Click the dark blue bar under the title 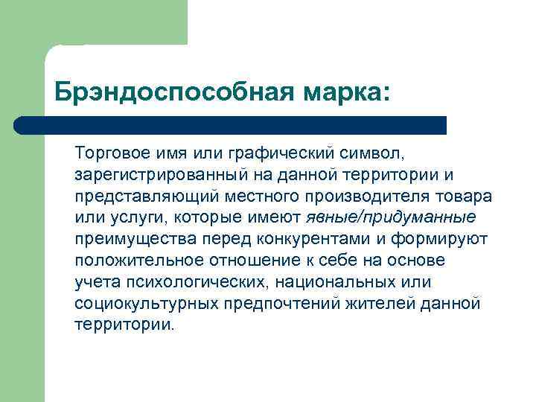click(231, 125)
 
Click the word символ click(370, 154)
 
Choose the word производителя click(367, 197)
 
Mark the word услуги click(127, 218)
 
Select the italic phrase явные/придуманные click(390, 218)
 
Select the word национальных click(339, 283)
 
